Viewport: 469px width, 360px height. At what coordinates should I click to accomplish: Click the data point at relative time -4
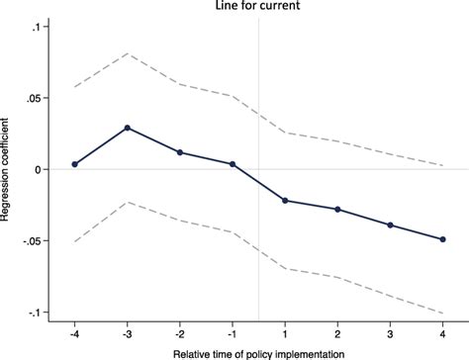pos(74,164)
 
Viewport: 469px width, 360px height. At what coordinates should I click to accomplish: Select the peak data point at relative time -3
pos(127,128)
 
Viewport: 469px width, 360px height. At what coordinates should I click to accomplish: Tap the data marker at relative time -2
pos(179,152)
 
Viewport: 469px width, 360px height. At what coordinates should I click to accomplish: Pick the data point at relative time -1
pos(232,164)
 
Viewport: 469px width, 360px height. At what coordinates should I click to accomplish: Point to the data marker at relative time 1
pos(285,201)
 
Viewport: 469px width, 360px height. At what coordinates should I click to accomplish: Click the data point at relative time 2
pos(337,210)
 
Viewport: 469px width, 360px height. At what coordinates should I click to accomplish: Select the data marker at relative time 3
pos(390,225)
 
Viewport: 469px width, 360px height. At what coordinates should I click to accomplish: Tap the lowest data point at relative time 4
pos(442,239)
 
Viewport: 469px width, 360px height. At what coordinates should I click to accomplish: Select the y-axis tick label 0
pos(41,169)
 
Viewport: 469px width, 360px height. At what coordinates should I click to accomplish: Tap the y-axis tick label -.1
pos(37,313)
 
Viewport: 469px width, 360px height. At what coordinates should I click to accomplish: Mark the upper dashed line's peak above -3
pos(127,53)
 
